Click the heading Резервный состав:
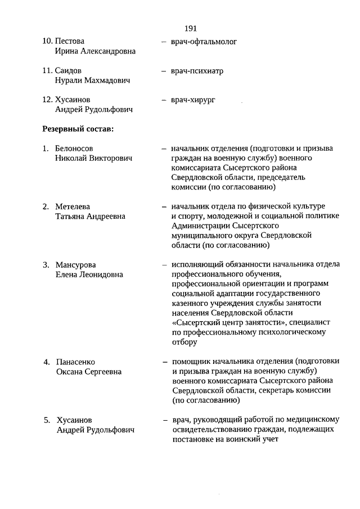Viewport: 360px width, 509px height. click(78, 129)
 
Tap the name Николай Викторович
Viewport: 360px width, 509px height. click(94, 159)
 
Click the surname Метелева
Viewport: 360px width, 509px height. click(73, 207)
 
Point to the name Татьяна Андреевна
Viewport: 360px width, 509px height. click(90, 217)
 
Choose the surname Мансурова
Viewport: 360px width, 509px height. click(75, 265)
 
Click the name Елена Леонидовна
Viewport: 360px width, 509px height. click(89, 274)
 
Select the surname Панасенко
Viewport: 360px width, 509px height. click(76, 362)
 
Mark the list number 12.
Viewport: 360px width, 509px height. click(48, 100)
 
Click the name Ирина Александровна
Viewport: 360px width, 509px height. click(95, 51)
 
